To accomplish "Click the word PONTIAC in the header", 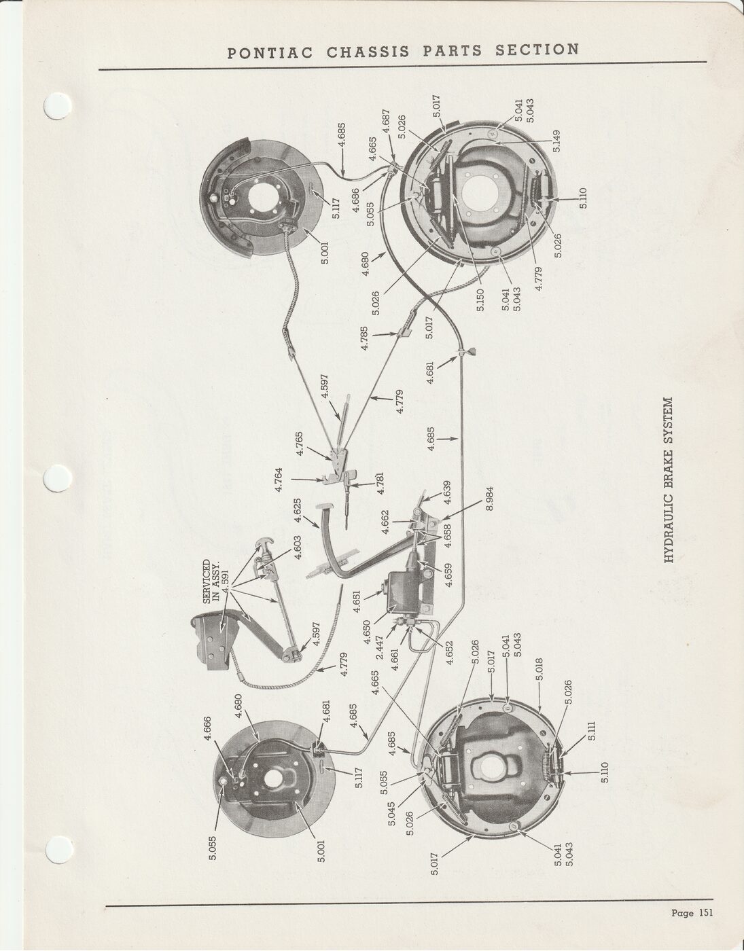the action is click(x=270, y=53).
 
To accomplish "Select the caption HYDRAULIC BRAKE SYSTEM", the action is click(x=669, y=480).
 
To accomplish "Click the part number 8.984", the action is click(x=489, y=498).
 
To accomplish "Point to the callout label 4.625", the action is click(x=298, y=510).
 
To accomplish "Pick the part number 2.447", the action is click(x=379, y=647).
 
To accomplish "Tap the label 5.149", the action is click(x=556, y=141).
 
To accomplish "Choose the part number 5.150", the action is click(x=480, y=300).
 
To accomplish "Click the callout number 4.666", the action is click(x=207, y=728).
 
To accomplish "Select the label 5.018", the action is click(x=539, y=669).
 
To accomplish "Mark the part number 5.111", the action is click(x=592, y=730).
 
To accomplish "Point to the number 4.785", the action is click(x=364, y=338).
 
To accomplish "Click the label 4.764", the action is click(x=279, y=480).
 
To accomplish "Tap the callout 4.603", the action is click(x=298, y=548).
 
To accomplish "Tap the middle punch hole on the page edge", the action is click(x=58, y=478).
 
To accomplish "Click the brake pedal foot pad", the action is click(x=324, y=506).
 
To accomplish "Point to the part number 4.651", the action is click(x=355, y=603).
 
